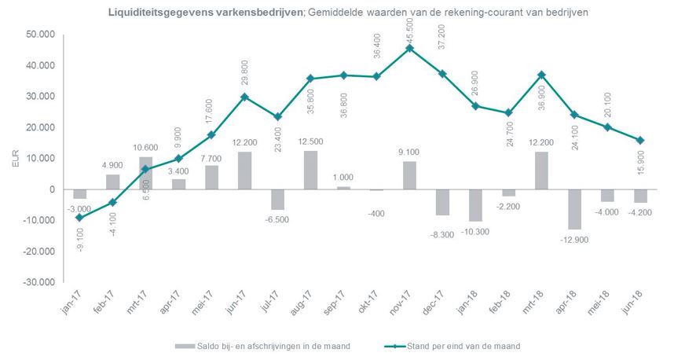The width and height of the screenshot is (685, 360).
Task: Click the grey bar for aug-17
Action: tap(310, 170)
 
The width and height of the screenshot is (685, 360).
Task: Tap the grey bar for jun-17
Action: tap(244, 171)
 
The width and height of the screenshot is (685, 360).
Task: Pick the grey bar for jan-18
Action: tap(476, 205)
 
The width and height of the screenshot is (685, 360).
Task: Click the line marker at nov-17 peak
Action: tap(409, 48)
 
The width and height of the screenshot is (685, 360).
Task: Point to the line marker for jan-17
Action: tap(79, 218)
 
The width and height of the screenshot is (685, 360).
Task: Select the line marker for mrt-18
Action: tap(542, 75)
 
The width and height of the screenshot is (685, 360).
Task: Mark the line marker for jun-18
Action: tap(641, 140)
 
